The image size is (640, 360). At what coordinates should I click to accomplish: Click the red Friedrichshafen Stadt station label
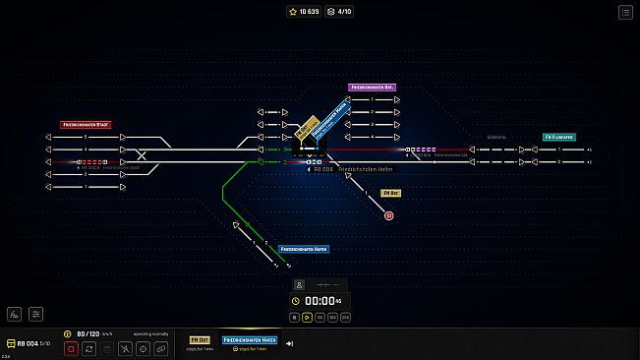point(87,125)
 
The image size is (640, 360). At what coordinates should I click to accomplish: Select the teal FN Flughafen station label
point(559,137)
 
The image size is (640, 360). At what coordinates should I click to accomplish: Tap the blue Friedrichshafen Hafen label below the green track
point(303,250)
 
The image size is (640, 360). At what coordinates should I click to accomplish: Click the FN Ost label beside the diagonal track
point(389,194)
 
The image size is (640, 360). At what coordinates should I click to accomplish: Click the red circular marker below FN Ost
point(388,214)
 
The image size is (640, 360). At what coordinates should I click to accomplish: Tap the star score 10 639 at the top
point(304,12)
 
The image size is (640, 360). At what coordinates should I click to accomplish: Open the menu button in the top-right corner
point(625,13)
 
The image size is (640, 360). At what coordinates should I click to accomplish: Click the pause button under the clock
point(294,317)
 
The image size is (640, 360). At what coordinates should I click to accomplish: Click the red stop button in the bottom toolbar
point(71,348)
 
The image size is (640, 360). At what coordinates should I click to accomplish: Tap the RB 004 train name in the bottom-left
point(28,342)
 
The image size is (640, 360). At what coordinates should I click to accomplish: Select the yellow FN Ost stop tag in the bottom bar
point(201,339)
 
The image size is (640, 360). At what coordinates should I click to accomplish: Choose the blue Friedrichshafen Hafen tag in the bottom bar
point(250,339)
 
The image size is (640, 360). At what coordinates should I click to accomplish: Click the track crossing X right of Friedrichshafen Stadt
point(144,155)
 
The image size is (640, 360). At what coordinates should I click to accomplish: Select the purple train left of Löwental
point(424,150)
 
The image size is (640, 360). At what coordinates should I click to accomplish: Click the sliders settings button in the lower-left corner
point(36,314)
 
